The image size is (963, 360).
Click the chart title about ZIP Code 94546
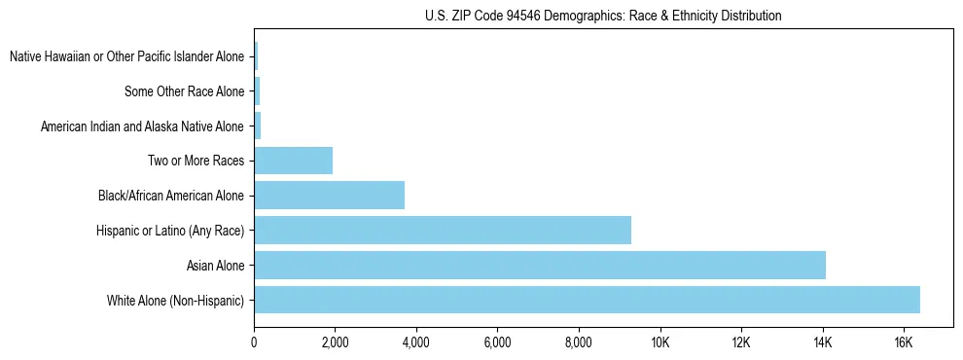603,16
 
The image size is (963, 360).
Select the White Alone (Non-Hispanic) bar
587,300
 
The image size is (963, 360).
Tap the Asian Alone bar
540,265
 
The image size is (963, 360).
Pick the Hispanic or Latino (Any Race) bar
443,230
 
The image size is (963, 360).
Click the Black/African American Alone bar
329,195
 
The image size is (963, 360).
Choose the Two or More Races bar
293,161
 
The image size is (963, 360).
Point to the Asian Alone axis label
215,265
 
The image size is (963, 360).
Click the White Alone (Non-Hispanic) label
175,300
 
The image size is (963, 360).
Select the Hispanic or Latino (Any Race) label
170,230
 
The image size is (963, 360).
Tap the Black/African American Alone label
171,196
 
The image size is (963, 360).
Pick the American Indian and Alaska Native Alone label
142,126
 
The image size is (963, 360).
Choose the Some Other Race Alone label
184,92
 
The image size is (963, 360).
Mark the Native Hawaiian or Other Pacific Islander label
126,57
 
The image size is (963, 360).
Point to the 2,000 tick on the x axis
335,342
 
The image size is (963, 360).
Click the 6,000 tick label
497,342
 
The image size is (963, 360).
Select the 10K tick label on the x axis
660,342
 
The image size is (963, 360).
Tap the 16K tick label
903,342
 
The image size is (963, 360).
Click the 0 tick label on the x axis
254,342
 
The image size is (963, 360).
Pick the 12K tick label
740,342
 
